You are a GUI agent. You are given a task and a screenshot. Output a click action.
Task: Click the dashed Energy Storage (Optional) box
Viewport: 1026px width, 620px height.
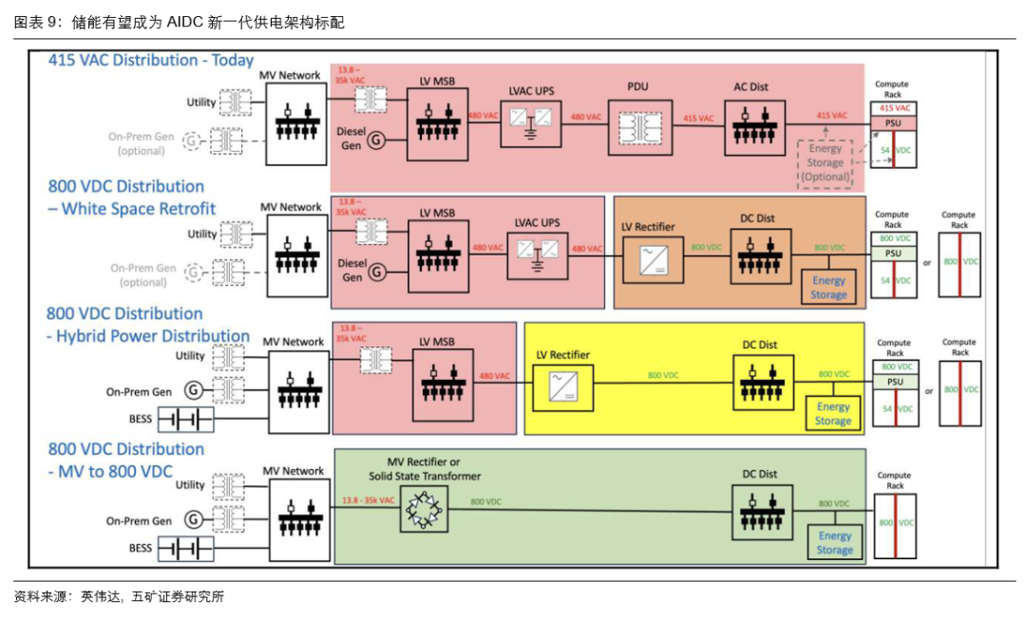pos(825,163)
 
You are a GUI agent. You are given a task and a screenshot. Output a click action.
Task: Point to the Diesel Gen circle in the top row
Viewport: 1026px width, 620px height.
pos(377,140)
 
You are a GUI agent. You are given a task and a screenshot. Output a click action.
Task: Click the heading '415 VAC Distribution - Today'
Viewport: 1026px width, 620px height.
pos(151,60)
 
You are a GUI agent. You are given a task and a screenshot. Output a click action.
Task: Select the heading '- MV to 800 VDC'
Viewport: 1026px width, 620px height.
pos(110,472)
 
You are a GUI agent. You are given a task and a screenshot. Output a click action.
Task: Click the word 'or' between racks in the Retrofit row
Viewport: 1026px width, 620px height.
pos(926,262)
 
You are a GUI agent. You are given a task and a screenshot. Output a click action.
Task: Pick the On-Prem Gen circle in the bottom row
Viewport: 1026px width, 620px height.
pos(194,519)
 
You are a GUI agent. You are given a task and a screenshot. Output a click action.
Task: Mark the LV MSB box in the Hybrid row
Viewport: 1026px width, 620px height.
pos(442,385)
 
